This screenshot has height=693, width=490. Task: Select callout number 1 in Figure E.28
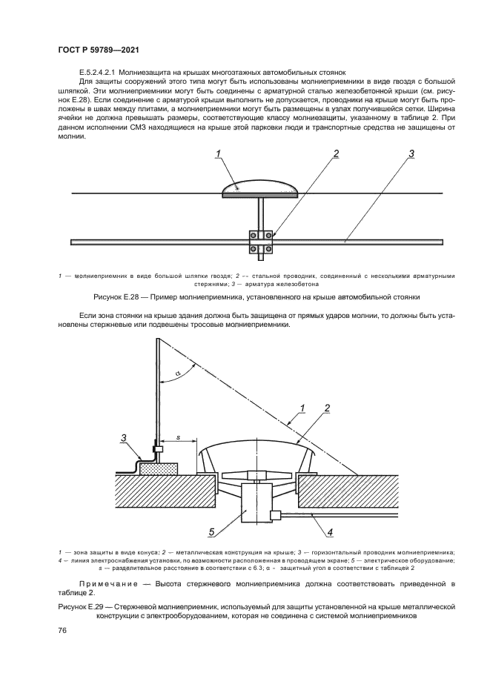click(x=219, y=154)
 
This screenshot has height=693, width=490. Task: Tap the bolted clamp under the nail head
click(x=260, y=243)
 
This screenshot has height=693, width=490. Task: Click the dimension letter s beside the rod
click(x=178, y=438)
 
